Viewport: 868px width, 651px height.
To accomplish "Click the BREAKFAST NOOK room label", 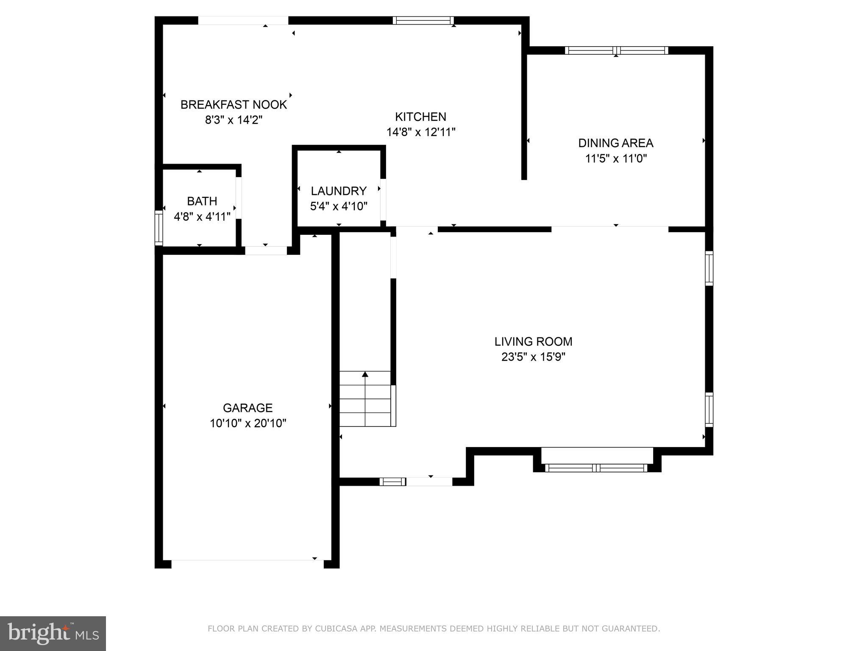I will [234, 104].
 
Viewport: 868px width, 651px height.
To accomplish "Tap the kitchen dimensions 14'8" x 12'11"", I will [420, 132].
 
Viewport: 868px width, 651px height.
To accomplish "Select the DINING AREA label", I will [615, 143].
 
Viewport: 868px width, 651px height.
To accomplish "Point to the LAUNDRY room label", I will [338, 191].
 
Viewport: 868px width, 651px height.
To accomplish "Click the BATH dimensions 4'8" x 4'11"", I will [202, 217].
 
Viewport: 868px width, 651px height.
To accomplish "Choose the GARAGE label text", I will [248, 408].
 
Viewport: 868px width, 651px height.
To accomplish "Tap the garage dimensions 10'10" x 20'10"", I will [248, 423].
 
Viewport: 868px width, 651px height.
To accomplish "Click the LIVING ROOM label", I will [533, 341].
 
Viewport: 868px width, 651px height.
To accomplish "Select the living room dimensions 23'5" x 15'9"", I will [533, 357].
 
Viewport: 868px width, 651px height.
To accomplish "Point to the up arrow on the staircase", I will [365, 374].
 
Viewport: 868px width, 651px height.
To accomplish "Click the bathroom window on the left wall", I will [159, 228].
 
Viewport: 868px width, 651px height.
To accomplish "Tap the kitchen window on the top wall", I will [423, 20].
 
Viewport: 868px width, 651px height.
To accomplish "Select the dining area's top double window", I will [616, 50].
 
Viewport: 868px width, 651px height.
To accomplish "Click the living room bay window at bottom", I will [596, 468].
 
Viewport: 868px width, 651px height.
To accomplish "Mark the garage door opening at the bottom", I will [247, 564].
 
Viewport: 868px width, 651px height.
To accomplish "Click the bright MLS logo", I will [53, 633].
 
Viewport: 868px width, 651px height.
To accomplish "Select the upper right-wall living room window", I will [709, 268].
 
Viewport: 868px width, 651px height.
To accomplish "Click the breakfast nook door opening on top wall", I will [243, 20].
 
